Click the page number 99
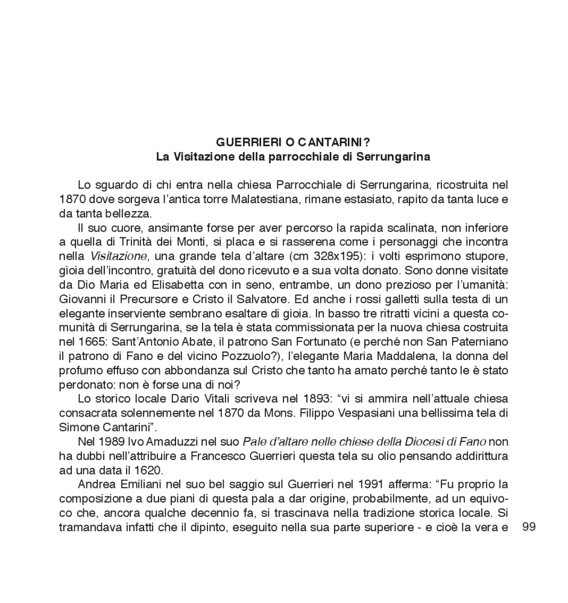[529, 526]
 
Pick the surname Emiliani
[139, 484]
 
